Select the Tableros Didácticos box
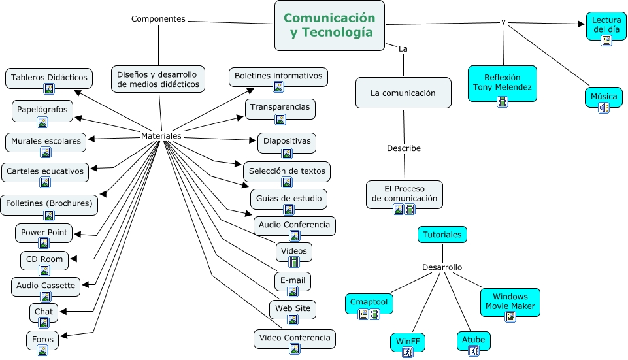tap(49, 78)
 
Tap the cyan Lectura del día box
tap(606, 25)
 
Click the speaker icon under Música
tap(603, 108)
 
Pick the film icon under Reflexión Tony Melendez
tap(503, 101)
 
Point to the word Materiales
tap(161, 135)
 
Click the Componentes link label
tap(158, 19)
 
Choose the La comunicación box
tap(403, 93)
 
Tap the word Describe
tap(403, 148)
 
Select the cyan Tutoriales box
tap(442, 234)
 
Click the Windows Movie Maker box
tap(510, 301)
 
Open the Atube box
tap(473, 340)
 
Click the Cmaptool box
tap(369, 303)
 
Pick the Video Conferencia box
tap(295, 338)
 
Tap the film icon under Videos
tap(294, 262)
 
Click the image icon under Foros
tap(42, 350)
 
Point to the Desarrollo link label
tap(442, 267)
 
